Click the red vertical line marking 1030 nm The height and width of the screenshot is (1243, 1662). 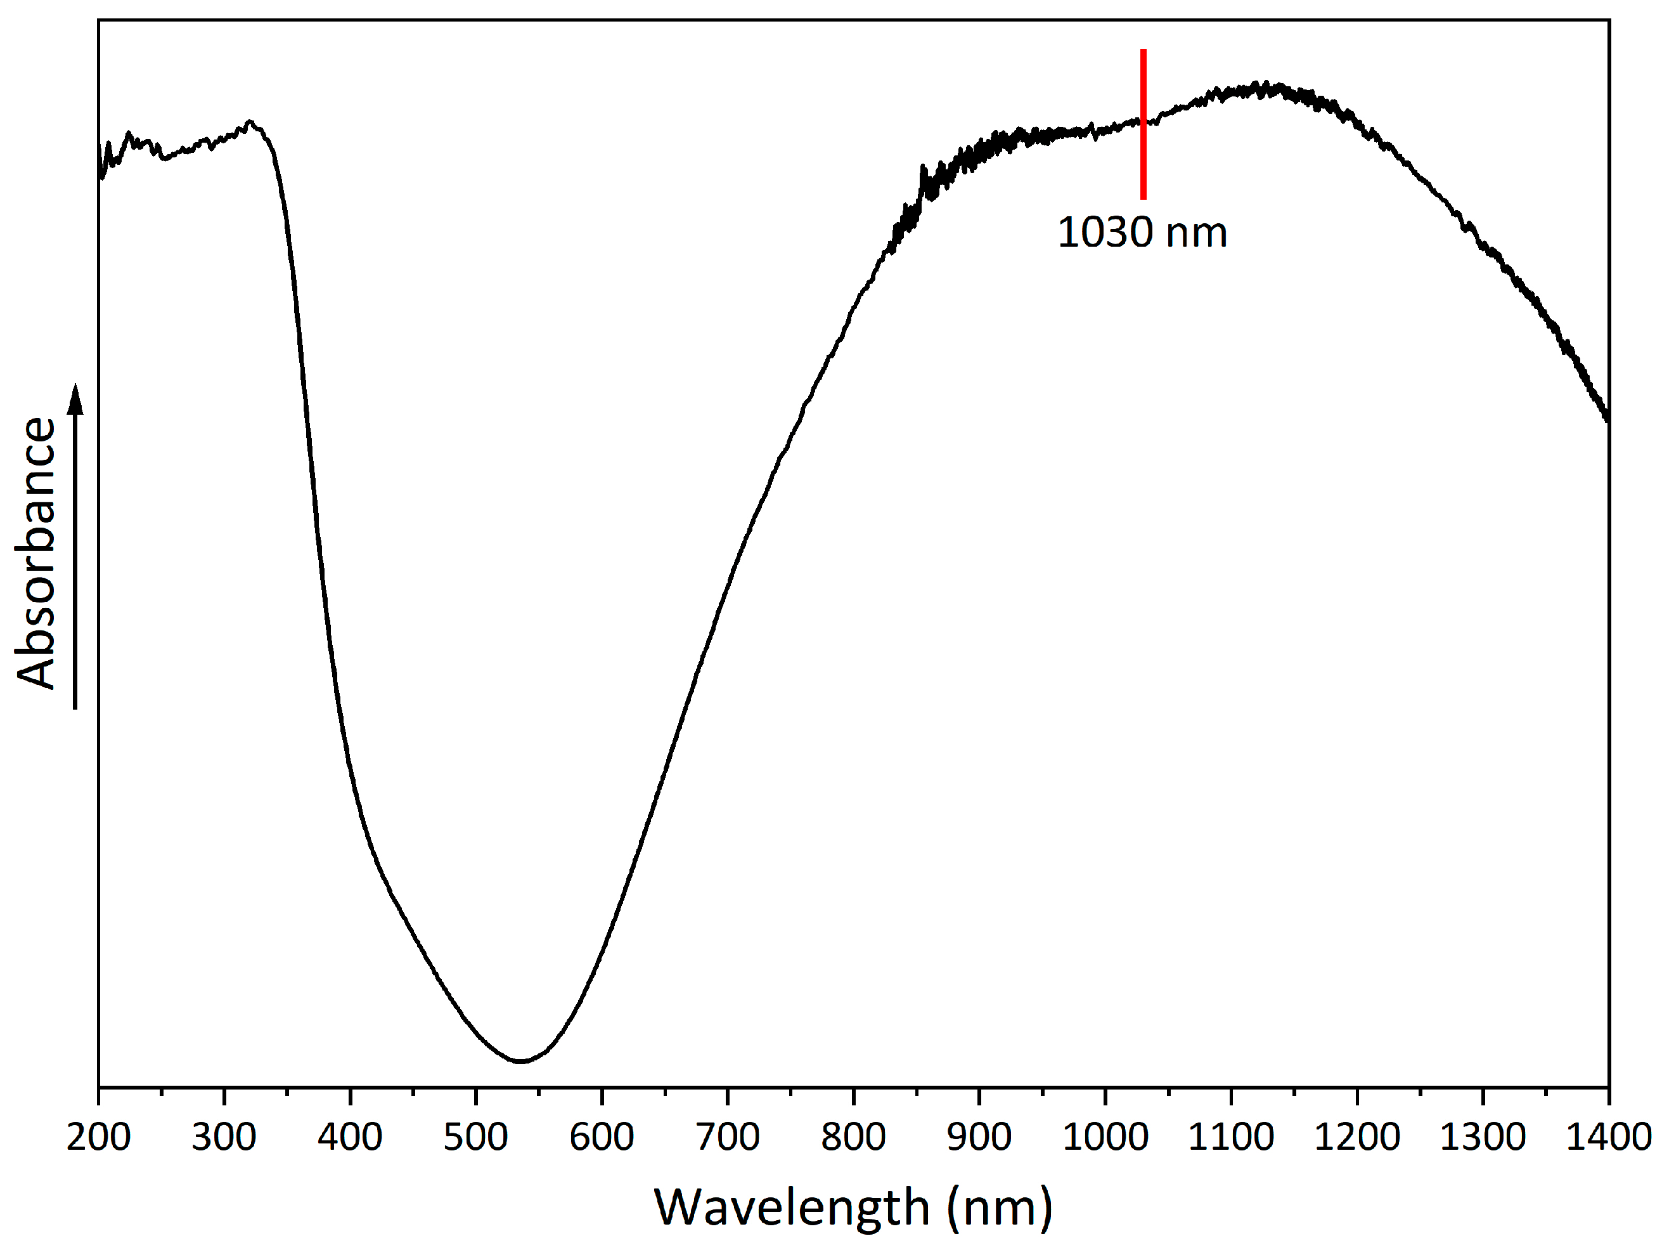pyautogui.click(x=1143, y=124)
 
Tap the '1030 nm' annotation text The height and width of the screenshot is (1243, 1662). pyautogui.click(x=1142, y=232)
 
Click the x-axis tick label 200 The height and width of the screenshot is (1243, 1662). pyautogui.click(x=98, y=1137)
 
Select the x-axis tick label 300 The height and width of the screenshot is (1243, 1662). pyautogui.click(x=224, y=1137)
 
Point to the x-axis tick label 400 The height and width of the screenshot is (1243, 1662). pyautogui.click(x=350, y=1137)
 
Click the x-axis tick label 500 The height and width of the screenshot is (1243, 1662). pyautogui.click(x=475, y=1137)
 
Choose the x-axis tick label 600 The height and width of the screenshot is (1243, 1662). pyautogui.click(x=602, y=1137)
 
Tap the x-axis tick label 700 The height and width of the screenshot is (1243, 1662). pyautogui.click(x=727, y=1137)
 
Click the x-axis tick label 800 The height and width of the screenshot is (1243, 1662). pyautogui.click(x=854, y=1137)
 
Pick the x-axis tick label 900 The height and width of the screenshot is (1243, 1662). pyautogui.click(x=979, y=1137)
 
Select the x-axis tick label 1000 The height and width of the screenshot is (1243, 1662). pyautogui.click(x=1105, y=1137)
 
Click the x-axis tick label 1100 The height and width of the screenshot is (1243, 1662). pyautogui.click(x=1231, y=1137)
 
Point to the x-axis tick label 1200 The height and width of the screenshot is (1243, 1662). pyautogui.click(x=1357, y=1137)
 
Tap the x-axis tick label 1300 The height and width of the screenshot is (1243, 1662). pyautogui.click(x=1483, y=1137)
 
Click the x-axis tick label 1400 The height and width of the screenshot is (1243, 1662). pyautogui.click(x=1609, y=1137)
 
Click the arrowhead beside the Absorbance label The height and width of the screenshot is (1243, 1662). pyautogui.click(x=75, y=398)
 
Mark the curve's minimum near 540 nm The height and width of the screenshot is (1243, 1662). pyautogui.click(x=520, y=1061)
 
